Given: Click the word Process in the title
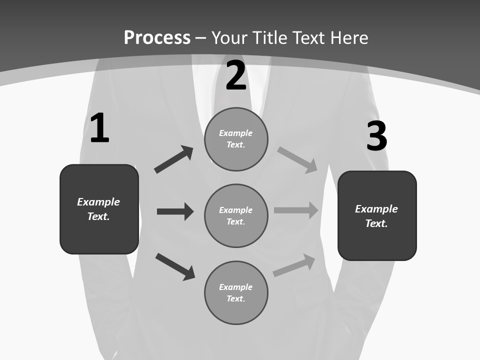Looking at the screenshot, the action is tap(157, 37).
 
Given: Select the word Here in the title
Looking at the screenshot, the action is tap(349, 37).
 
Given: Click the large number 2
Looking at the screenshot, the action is tap(236, 75).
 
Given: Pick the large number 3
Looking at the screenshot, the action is tap(377, 135).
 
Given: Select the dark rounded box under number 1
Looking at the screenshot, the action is tap(99, 209).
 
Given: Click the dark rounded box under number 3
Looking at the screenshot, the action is tap(377, 216).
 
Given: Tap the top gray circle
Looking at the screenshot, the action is tap(236, 139).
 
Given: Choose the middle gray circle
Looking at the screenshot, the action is tap(236, 216).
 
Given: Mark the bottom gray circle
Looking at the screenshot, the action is tap(236, 293).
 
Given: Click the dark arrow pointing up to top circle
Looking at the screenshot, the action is tap(174, 159).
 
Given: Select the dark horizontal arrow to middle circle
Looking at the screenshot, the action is tap(175, 211).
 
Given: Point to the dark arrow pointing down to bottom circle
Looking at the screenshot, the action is tap(175, 267).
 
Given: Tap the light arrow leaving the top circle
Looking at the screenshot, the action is tap(297, 160).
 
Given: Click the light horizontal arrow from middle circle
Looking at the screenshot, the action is tap(296, 210).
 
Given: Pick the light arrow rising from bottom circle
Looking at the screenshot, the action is tap(294, 265).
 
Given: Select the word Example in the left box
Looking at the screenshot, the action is tap(98, 202).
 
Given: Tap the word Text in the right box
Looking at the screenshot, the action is tap(376, 223).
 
